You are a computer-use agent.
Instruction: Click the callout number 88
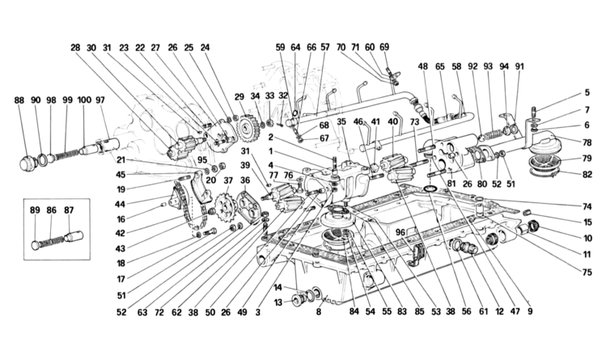point(19,100)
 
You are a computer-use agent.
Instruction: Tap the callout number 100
point(84,100)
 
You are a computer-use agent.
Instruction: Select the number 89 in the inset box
point(35,210)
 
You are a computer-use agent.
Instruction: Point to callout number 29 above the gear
point(239,95)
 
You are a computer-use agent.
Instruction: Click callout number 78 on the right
point(587,142)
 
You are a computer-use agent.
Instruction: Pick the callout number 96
point(400,232)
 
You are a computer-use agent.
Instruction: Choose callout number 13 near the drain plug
point(278,303)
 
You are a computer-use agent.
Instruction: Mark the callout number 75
point(587,273)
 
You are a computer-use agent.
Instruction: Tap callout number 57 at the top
point(325,47)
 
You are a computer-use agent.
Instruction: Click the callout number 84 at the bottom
point(354,311)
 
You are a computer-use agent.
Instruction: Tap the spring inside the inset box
point(51,241)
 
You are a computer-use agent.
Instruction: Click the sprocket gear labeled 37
point(222,207)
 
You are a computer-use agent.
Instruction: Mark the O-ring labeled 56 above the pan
point(430,188)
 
